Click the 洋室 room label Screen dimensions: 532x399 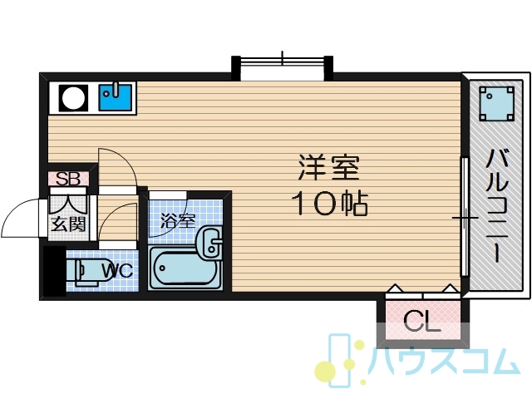(328, 168)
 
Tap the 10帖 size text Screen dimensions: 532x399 (330, 204)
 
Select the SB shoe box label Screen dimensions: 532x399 (68, 179)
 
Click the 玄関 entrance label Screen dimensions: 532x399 (68, 224)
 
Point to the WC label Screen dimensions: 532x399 (117, 270)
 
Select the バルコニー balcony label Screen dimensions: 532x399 (497, 206)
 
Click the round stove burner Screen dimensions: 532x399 (73, 98)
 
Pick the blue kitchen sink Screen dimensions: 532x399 (115, 97)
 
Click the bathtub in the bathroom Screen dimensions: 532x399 (185, 268)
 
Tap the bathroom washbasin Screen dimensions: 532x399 (209, 243)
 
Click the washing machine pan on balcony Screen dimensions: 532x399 (497, 103)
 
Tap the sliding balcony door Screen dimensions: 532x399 (465, 216)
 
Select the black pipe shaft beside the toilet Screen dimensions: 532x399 (54, 271)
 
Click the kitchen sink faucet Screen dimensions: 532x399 (116, 89)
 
